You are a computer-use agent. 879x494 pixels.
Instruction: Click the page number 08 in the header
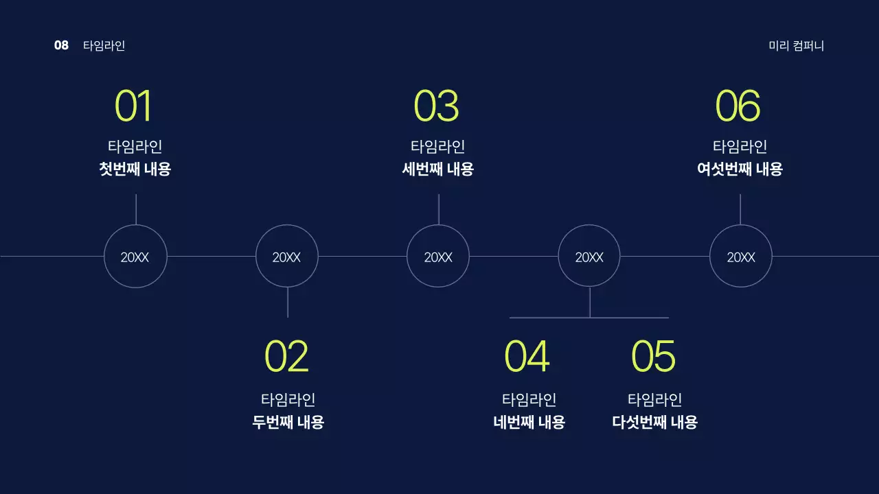[x=61, y=46]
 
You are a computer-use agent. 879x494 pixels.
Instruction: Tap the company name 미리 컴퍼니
[x=796, y=46]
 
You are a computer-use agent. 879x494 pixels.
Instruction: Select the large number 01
[x=133, y=106]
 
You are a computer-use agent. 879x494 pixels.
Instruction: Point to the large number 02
[x=286, y=357]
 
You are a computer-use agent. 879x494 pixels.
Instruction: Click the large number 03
[x=436, y=106]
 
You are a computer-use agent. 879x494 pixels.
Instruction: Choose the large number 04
[x=527, y=357]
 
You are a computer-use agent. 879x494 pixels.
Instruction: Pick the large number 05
[x=653, y=357]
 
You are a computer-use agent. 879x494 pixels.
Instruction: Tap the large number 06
[x=738, y=106]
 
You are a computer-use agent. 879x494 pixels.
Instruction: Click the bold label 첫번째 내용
[x=135, y=169]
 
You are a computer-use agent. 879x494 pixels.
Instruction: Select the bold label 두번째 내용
[x=288, y=422]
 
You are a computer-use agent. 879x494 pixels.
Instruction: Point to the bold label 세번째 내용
[x=437, y=169]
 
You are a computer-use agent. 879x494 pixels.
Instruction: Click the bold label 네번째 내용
[x=529, y=422]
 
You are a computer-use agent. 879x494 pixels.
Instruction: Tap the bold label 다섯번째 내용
[x=654, y=422]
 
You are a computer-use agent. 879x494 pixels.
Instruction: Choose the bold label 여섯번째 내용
[x=740, y=169]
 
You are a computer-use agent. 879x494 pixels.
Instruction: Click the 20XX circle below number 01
[x=135, y=257]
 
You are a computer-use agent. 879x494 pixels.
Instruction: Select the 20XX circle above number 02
[x=287, y=257]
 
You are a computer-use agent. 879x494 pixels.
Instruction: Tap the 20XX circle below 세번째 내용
[x=438, y=257]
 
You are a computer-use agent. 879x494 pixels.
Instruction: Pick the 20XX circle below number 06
[x=740, y=257]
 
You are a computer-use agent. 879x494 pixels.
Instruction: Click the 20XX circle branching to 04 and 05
[x=589, y=257]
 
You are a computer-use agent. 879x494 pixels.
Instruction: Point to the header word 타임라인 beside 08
[x=104, y=46]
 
